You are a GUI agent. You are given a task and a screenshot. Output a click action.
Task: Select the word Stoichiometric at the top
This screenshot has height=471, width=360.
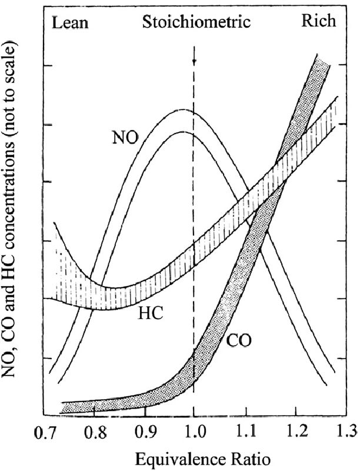coord(196,22)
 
